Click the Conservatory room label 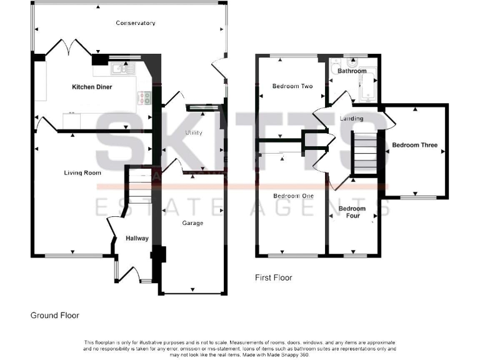136,23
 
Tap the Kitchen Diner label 92,87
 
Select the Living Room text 83,172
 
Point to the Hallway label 137,238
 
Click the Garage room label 192,223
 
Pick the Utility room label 194,132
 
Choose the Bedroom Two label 292,86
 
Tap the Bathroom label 352,71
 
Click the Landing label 351,118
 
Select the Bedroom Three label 414,146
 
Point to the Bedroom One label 293,196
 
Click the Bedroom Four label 352,212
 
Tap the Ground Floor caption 55,316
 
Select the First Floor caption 273,277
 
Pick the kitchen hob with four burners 144,97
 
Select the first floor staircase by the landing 365,154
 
